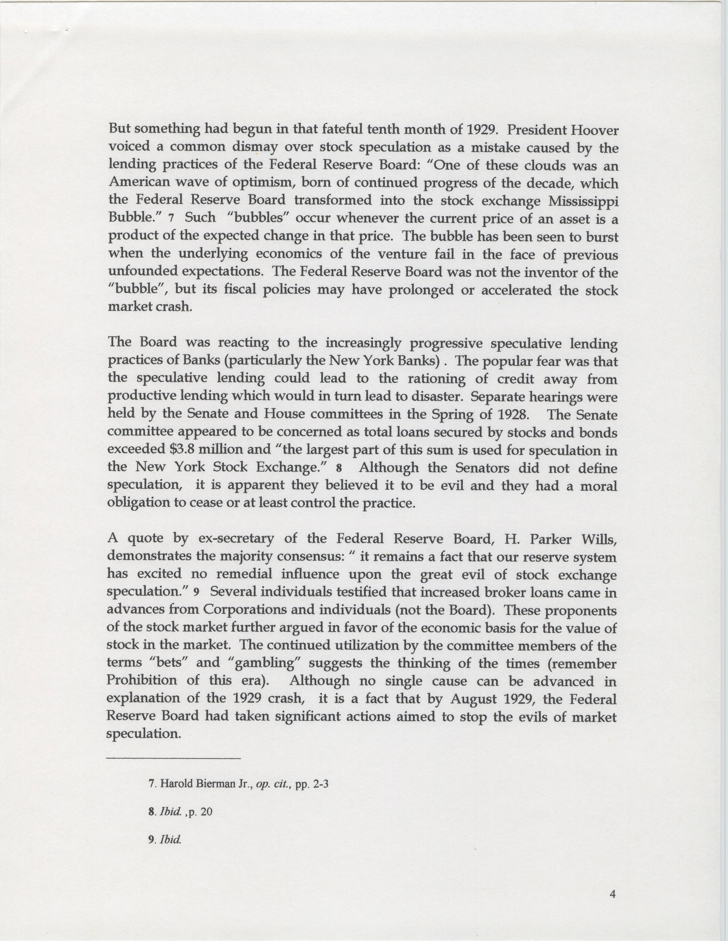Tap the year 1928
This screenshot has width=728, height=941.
pyautogui.click(x=513, y=415)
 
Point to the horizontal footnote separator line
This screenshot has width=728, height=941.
pyautogui.click(x=174, y=758)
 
